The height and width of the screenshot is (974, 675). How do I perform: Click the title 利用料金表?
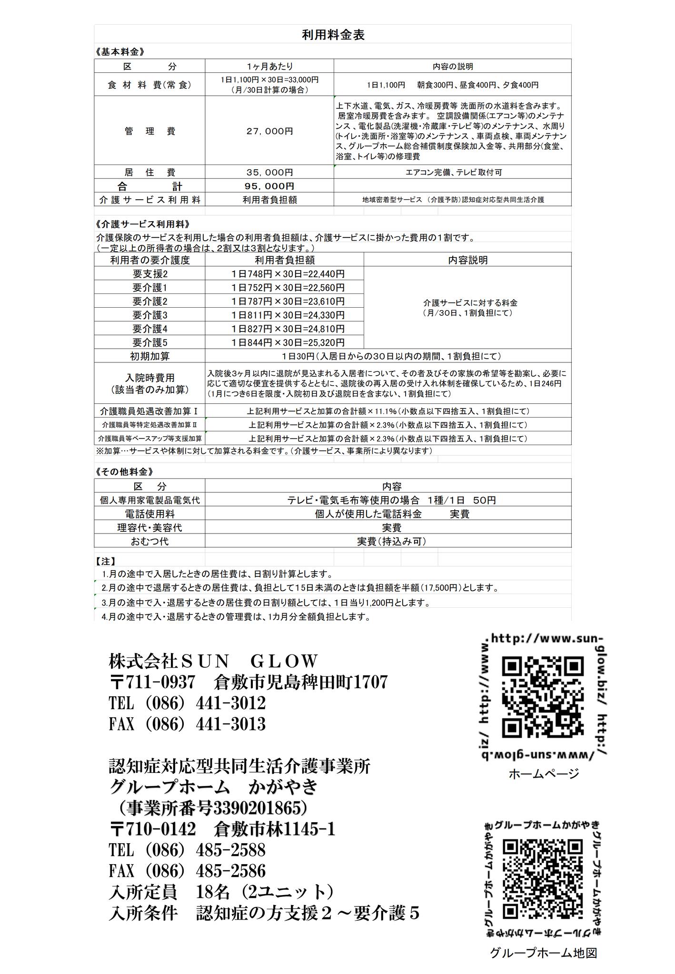click(x=333, y=35)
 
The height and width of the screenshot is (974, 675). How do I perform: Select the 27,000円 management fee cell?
click(x=269, y=131)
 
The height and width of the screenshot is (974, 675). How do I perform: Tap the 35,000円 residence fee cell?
click(x=269, y=172)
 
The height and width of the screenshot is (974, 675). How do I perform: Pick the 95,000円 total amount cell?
click(x=269, y=186)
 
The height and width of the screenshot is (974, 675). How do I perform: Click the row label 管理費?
click(x=149, y=131)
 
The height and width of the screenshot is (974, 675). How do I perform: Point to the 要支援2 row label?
click(x=149, y=274)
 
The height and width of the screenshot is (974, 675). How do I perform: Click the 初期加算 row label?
click(x=149, y=356)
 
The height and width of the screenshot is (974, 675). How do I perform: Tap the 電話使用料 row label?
click(x=149, y=514)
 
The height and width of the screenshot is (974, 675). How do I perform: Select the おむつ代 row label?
click(x=149, y=541)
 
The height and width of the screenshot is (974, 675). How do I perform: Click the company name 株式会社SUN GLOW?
click(x=213, y=661)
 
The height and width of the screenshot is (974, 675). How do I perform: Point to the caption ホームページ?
click(x=544, y=774)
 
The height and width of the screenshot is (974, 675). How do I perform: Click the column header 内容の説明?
click(x=452, y=67)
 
